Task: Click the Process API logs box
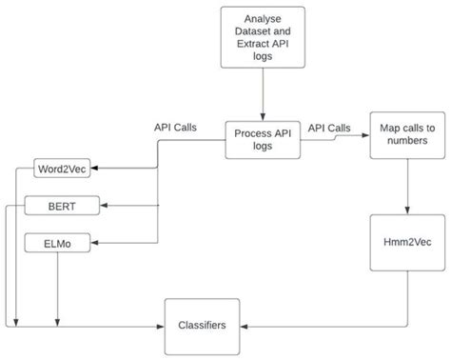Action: (261, 141)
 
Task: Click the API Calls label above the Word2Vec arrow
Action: (175, 127)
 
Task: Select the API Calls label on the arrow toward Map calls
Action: (329, 127)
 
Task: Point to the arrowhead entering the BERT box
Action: (105, 205)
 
